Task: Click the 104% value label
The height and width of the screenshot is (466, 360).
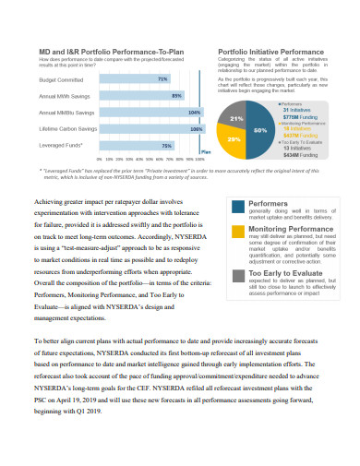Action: [194, 113]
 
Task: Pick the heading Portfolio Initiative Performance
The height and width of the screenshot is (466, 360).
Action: [270, 52]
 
